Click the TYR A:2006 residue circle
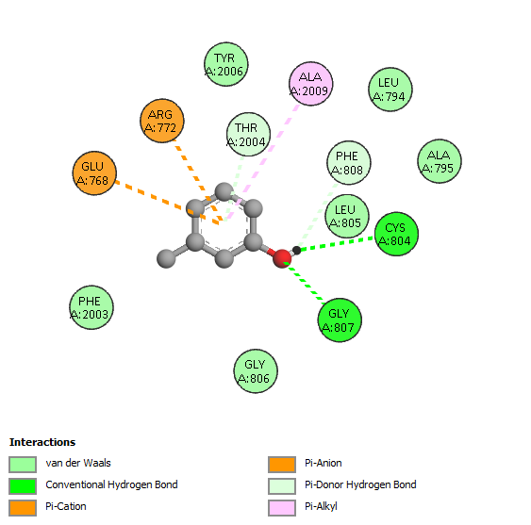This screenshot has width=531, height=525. (225, 64)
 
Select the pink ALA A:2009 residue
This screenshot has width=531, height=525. (311, 84)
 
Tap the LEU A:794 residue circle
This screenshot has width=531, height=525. (390, 90)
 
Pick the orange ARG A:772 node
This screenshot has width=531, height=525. (162, 121)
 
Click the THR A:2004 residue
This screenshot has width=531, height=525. (248, 135)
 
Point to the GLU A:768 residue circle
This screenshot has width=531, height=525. (94, 173)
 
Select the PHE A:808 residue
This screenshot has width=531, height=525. (349, 163)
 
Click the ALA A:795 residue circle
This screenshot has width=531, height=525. (440, 161)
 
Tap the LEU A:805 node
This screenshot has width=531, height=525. (347, 216)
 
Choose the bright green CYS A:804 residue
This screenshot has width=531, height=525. (396, 234)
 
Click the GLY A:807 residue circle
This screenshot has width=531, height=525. (340, 320)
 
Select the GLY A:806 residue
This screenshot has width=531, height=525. (256, 371)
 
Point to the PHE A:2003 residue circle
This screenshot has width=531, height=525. (91, 307)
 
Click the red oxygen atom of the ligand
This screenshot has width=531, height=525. (282, 258)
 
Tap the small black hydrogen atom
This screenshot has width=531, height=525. (296, 250)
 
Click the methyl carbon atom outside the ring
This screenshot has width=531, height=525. (166, 258)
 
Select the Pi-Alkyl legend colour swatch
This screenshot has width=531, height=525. (282, 508)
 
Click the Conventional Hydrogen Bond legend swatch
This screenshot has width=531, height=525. (23, 486)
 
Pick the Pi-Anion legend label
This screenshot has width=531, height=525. (324, 463)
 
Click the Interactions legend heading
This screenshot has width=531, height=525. (42, 442)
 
